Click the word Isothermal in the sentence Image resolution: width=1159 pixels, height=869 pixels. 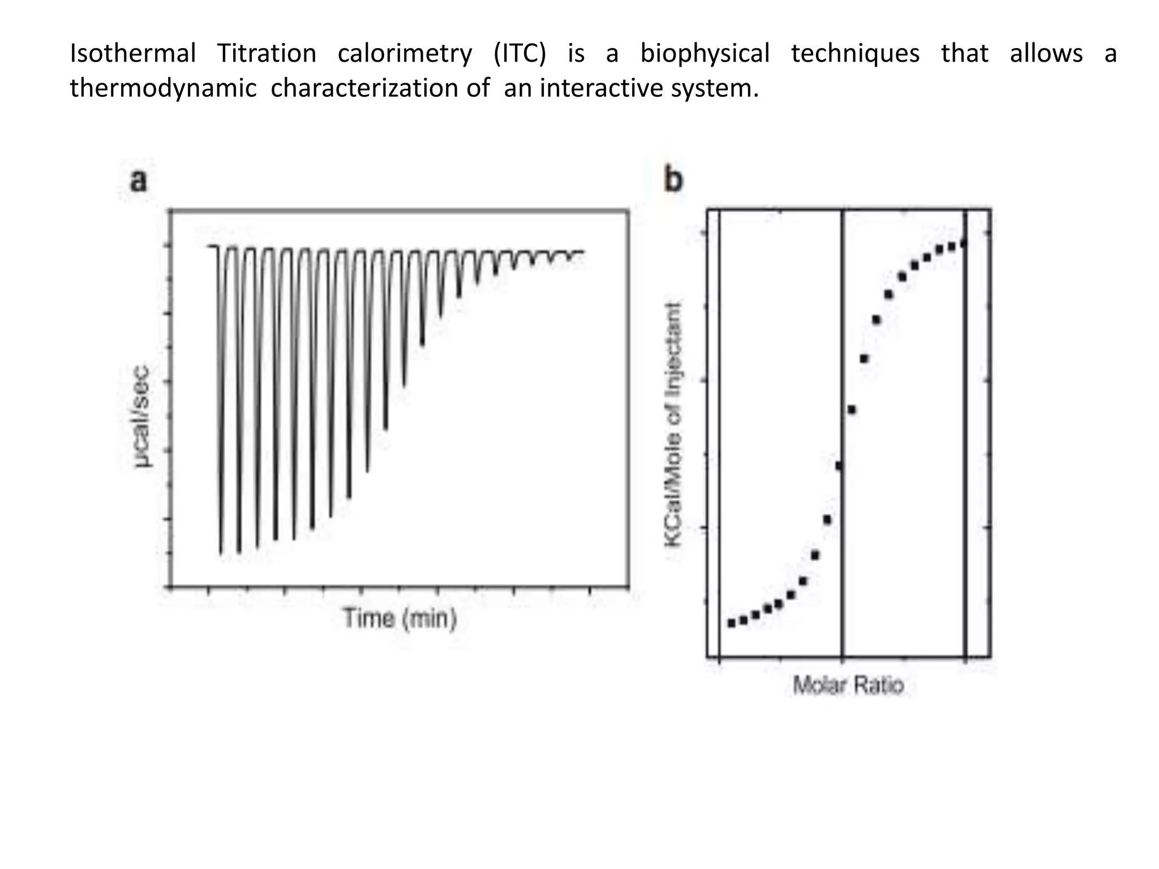click(132, 54)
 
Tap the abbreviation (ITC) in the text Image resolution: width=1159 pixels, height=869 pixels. click(520, 54)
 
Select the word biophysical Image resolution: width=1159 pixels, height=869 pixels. click(705, 54)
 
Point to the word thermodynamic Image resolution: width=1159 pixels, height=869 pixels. click(163, 89)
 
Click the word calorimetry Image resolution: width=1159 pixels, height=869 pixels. click(405, 54)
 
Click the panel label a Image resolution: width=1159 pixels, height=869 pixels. click(139, 181)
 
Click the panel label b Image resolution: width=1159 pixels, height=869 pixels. click(673, 180)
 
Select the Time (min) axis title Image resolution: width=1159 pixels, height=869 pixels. click(400, 618)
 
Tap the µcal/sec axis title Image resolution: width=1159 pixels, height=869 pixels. click(142, 416)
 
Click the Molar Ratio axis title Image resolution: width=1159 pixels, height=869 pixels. click(848, 685)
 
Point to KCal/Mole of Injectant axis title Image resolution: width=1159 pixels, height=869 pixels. click(673, 424)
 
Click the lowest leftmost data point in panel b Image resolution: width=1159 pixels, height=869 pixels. click(731, 623)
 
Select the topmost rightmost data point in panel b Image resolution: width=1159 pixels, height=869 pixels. click(964, 244)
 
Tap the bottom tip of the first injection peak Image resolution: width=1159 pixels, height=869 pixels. click(221, 552)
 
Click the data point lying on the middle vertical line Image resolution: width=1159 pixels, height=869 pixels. click(839, 466)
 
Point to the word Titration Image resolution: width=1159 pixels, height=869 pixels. click(267, 54)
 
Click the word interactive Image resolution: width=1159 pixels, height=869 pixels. click(602, 89)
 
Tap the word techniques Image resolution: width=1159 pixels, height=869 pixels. click(855, 54)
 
